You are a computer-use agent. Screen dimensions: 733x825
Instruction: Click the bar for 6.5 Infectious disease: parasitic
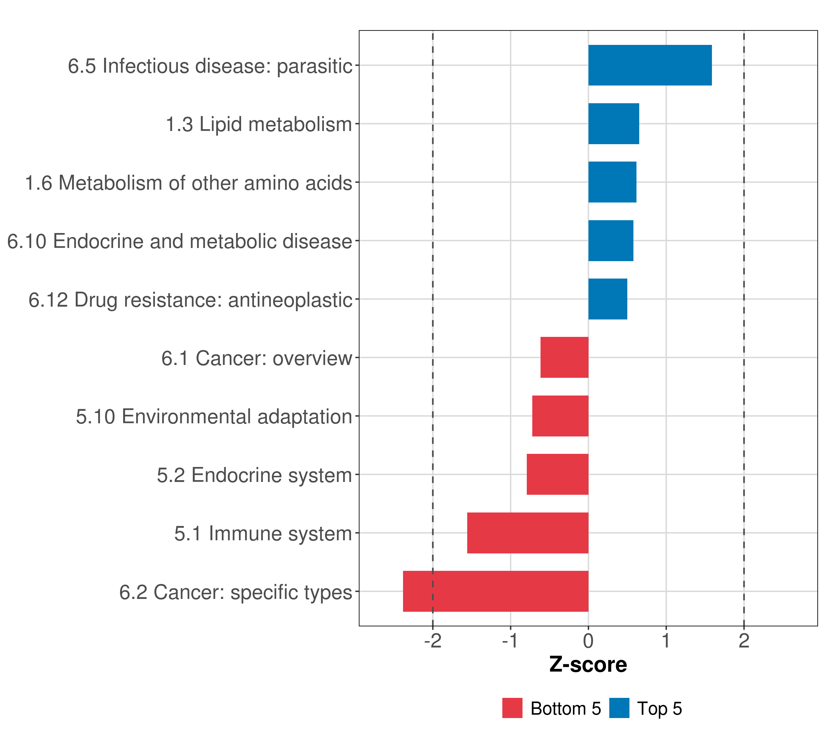pyautogui.click(x=650, y=65)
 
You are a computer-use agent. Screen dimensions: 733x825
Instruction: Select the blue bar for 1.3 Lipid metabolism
pyautogui.click(x=614, y=124)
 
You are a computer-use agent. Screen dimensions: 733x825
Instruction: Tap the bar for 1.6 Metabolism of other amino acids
pyautogui.click(x=612, y=182)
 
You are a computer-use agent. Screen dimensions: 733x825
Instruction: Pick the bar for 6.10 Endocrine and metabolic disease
pyautogui.click(x=611, y=241)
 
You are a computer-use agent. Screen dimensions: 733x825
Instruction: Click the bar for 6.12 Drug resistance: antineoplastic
pyautogui.click(x=607, y=299)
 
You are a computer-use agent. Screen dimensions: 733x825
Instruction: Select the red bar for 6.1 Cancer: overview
pyautogui.click(x=564, y=357)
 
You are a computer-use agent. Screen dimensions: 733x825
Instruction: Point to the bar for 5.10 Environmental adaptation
pyautogui.click(x=560, y=416)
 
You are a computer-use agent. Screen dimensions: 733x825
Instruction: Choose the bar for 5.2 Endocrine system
pyautogui.click(x=557, y=474)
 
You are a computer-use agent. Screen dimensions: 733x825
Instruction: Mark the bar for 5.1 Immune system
pyautogui.click(x=527, y=533)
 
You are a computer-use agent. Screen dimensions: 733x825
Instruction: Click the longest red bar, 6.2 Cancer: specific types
pyautogui.click(x=496, y=591)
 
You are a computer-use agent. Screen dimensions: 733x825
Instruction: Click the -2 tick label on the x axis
pyautogui.click(x=433, y=641)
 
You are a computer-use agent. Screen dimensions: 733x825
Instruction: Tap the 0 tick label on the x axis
pyautogui.click(x=588, y=641)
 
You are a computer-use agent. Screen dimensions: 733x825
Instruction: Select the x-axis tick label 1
pyautogui.click(x=666, y=641)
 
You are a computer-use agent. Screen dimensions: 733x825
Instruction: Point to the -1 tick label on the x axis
pyautogui.click(x=510, y=641)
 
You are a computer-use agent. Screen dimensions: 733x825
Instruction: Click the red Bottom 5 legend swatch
pyautogui.click(x=512, y=708)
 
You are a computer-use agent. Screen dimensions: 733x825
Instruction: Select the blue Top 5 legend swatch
pyautogui.click(x=619, y=708)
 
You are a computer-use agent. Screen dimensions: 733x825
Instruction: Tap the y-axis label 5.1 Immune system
pyautogui.click(x=263, y=534)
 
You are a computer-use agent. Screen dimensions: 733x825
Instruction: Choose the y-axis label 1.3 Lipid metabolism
pyautogui.click(x=259, y=124)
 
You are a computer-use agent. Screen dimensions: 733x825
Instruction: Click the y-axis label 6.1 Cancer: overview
pyautogui.click(x=257, y=358)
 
